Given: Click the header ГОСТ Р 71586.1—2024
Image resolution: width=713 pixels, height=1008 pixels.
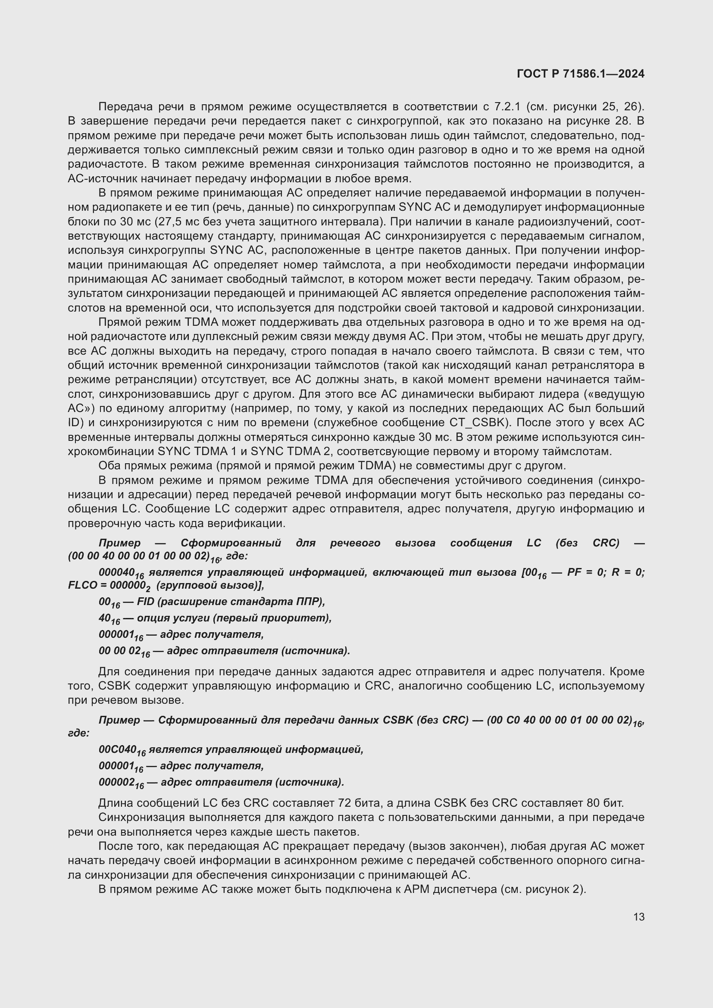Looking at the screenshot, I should coord(580,74).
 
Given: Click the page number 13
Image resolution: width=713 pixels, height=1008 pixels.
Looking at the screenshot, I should coord(639,917).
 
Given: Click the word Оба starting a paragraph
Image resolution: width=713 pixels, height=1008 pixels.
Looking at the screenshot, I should coord(109,465).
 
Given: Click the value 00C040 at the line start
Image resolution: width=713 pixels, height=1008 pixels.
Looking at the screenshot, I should coord(116,749).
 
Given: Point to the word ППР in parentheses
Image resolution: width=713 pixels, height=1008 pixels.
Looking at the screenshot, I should coord(310,602).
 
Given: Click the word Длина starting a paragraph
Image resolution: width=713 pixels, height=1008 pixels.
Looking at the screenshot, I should coord(116,803).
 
